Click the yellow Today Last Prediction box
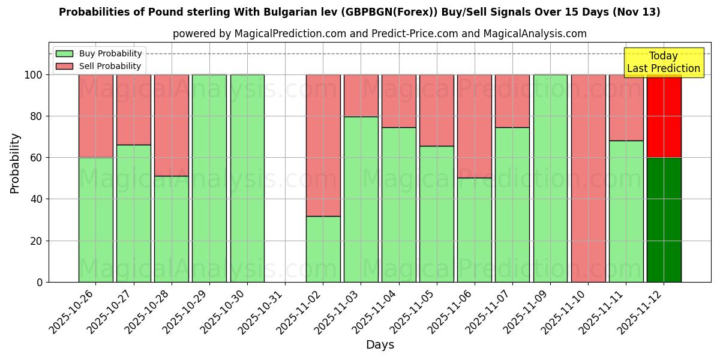pos(663,62)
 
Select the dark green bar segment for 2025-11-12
pos(664,220)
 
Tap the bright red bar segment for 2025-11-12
pos(664,116)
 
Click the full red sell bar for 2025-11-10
pos(588,178)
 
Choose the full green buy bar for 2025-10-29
pos(209,178)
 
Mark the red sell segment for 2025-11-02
pos(323,145)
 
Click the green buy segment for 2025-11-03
pos(361,199)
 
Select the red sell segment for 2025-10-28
pos(172,125)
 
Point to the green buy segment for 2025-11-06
pos(474,230)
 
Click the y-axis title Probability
pos(15,163)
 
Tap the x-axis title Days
pos(380,345)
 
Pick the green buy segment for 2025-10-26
pos(95,220)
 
